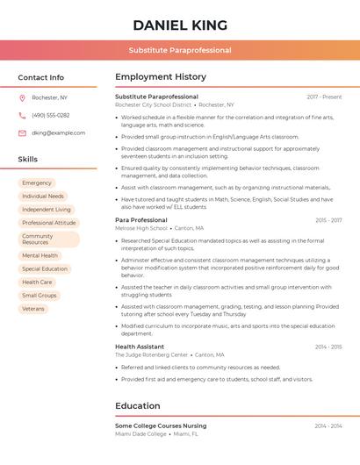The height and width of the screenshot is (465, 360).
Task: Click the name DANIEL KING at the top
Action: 180,25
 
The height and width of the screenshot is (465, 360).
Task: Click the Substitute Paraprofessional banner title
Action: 180,50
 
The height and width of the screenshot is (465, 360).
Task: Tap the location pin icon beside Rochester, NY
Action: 22,97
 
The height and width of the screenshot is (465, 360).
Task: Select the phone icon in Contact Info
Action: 22,115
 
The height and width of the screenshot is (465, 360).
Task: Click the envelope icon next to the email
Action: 22,133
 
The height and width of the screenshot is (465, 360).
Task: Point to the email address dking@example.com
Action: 59,133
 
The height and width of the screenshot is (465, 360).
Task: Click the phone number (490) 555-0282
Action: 51,115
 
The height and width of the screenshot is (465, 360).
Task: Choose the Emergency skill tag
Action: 37,183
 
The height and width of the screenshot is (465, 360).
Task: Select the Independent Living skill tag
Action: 47,210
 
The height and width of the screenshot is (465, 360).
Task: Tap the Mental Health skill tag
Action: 40,256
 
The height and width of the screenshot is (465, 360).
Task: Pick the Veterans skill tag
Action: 33,309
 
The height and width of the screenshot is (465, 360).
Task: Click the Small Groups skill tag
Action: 40,296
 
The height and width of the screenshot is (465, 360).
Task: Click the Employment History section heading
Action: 161,77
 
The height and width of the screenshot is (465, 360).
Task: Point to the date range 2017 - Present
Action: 324,97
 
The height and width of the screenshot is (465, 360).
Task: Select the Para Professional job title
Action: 141,220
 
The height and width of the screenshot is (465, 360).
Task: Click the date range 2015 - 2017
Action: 328,220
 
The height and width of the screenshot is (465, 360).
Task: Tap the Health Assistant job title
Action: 140,347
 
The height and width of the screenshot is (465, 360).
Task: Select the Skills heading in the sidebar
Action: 28,160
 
